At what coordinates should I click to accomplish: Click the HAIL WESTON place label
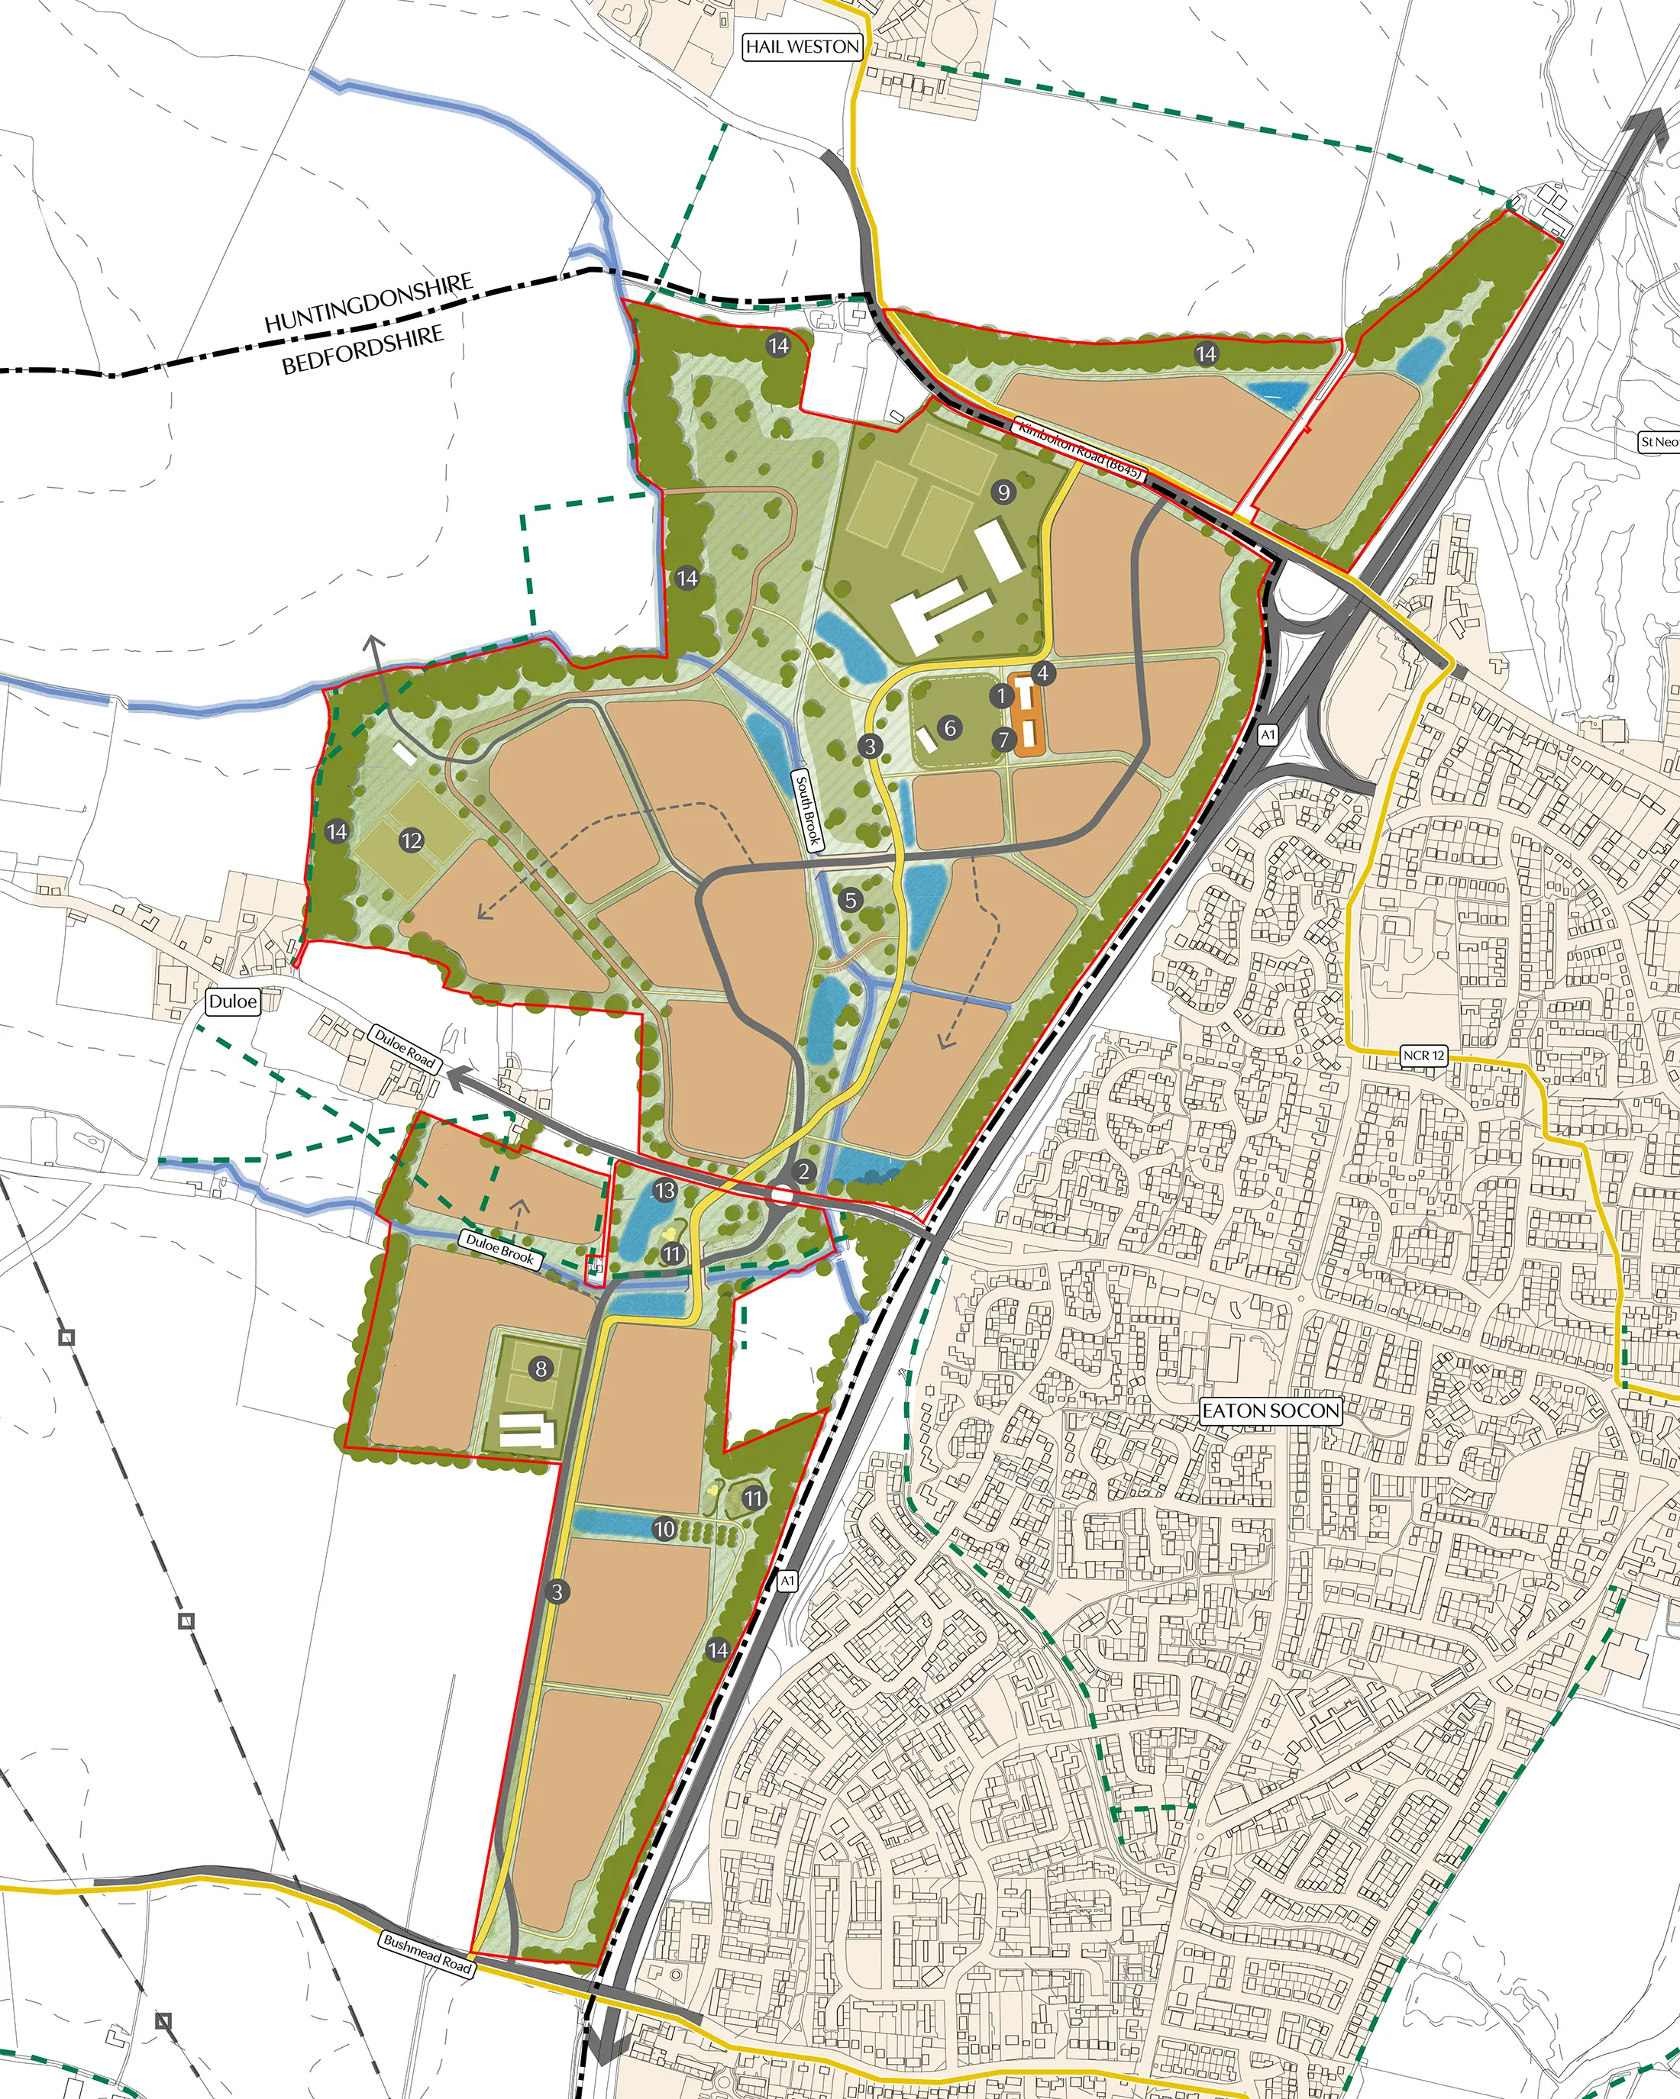coord(803,46)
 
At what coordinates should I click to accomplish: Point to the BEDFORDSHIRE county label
coord(362,350)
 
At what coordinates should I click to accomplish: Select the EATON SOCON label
coord(1270,1411)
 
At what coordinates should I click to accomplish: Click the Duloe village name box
coord(233,1001)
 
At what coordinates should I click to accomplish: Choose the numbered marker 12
coord(412,840)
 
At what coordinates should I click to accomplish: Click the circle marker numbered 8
coord(541,1369)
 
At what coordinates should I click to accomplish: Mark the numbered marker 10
coord(664,1530)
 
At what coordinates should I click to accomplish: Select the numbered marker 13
coord(665,1191)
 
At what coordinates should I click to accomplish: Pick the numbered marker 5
coord(850,900)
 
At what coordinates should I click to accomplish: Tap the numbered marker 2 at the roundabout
coord(803,1171)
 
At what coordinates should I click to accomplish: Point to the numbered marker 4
coord(1043,672)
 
